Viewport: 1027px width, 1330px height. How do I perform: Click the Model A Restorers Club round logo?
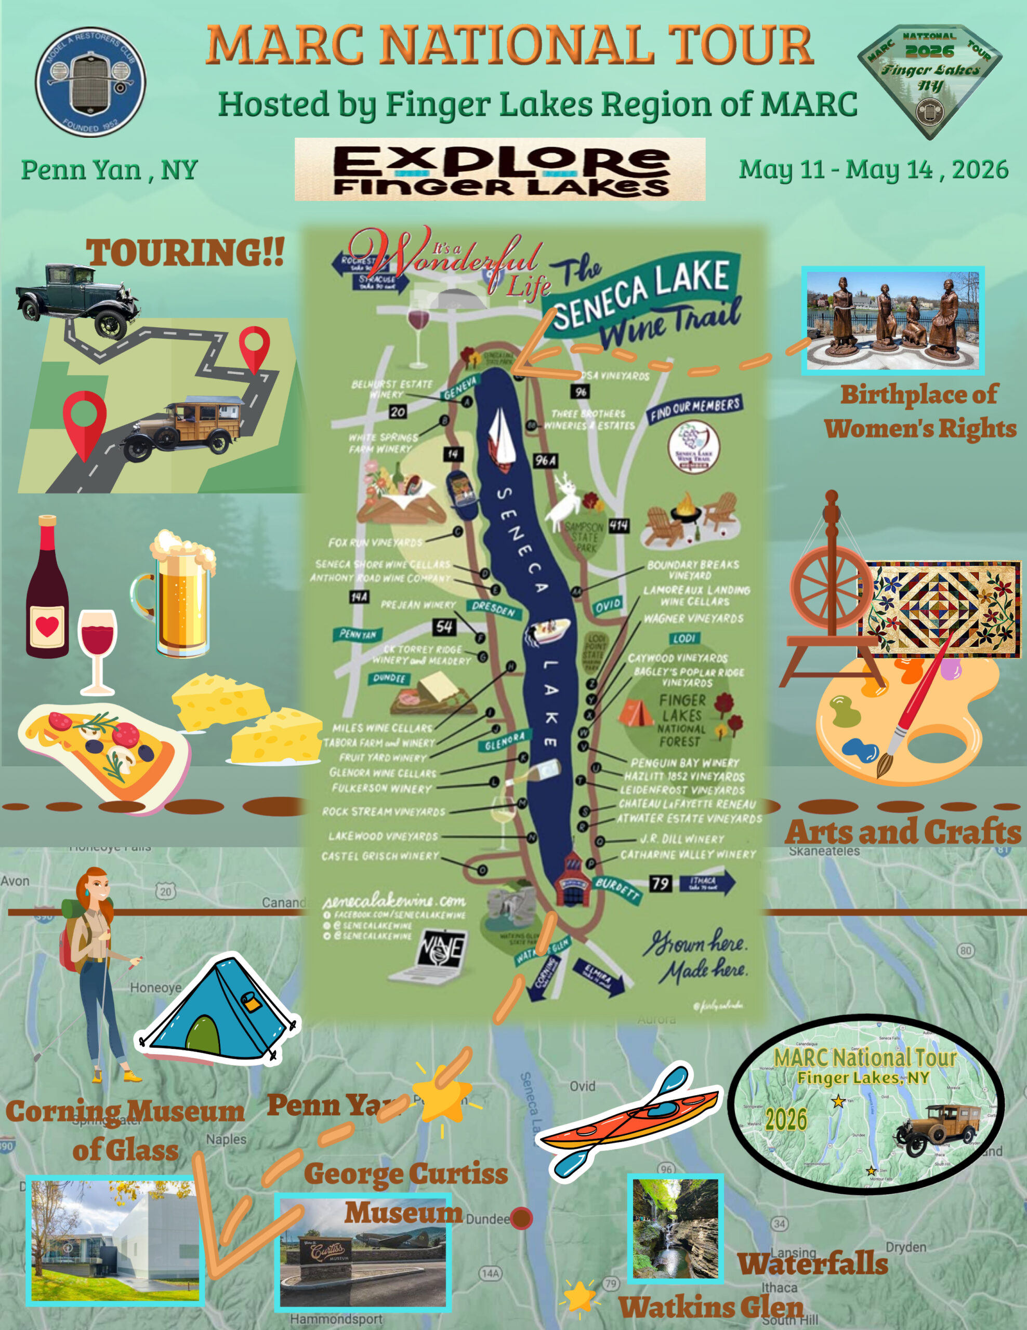[x=90, y=82]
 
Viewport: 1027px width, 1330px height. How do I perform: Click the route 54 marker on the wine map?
[x=444, y=627]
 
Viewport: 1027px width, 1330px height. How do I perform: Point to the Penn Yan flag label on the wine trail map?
[x=358, y=634]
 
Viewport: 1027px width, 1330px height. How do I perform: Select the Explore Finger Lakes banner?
[x=500, y=169]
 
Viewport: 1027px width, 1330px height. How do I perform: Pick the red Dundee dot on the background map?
[x=521, y=1218]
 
